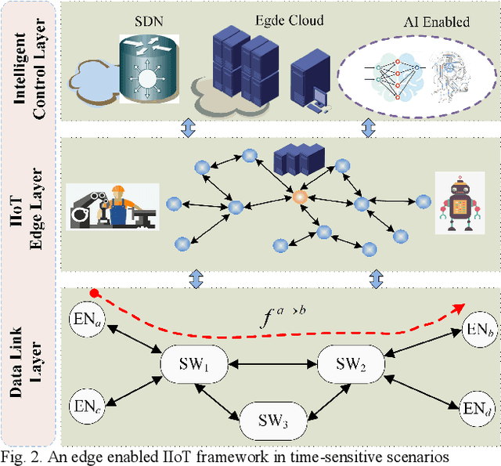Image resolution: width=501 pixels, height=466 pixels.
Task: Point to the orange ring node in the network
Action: [x=298, y=197]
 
